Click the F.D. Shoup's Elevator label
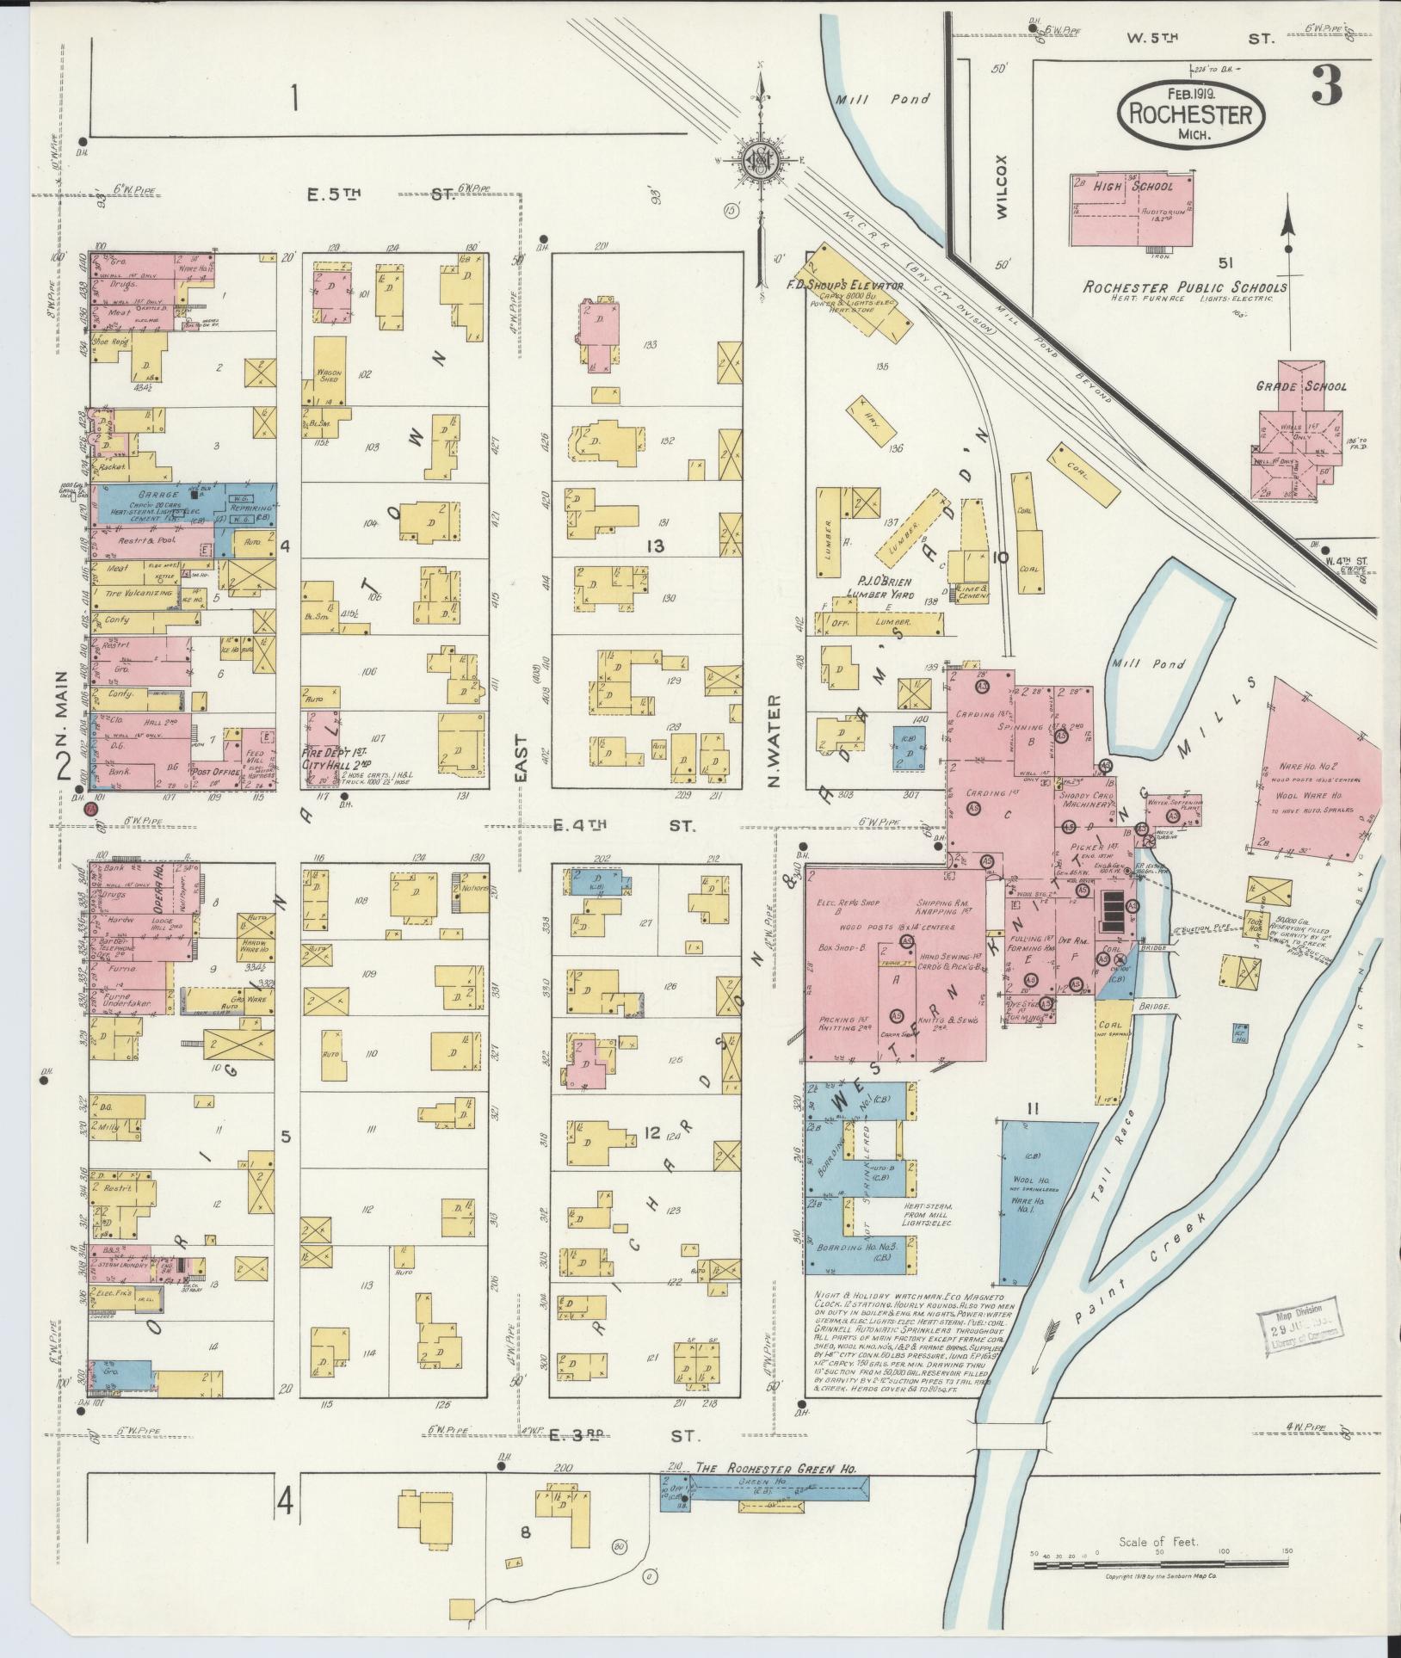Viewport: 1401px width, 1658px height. [843, 284]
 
